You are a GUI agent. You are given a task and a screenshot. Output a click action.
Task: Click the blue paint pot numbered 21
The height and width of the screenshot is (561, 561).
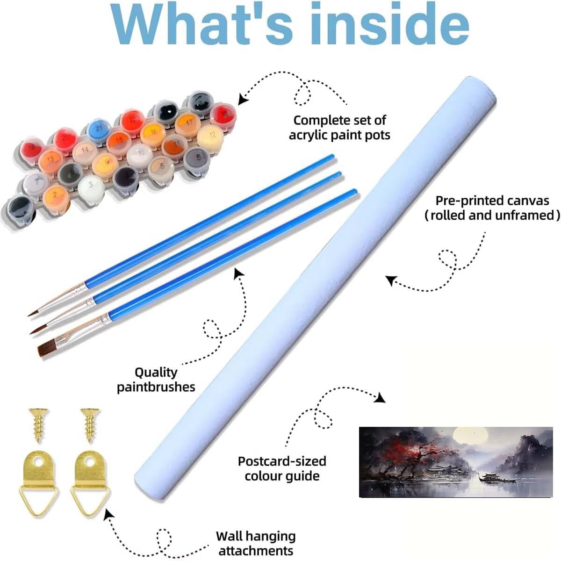[x=99, y=129]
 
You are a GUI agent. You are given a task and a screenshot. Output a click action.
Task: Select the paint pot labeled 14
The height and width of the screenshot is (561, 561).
[x=85, y=151]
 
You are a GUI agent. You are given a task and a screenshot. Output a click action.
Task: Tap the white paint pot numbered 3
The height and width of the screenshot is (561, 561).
[x=91, y=187]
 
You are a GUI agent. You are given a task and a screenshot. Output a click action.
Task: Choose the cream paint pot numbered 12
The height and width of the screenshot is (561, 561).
[x=210, y=136]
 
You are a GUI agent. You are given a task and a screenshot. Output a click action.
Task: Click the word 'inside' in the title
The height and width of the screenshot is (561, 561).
[x=389, y=24]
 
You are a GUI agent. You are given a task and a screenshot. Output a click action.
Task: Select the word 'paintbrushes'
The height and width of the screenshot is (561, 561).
[x=156, y=388]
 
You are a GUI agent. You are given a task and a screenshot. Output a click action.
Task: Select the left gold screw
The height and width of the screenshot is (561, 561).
[x=38, y=425]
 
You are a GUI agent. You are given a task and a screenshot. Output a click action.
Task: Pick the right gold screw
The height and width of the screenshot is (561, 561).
[x=90, y=425]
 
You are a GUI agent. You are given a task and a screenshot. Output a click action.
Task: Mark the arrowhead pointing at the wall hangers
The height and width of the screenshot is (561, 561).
[x=108, y=514]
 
